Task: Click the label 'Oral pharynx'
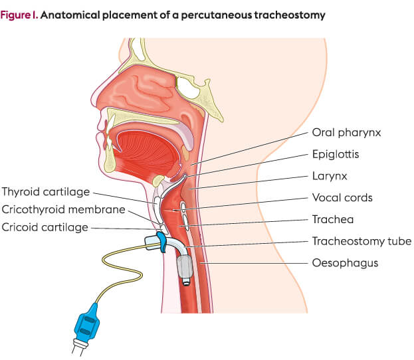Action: [x=346, y=132]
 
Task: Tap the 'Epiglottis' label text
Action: [x=336, y=154]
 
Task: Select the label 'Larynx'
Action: [x=330, y=176]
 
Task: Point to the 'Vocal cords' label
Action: [x=342, y=198]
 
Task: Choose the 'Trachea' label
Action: [x=333, y=220]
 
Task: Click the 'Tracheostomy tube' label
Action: [x=362, y=241]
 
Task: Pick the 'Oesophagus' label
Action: [x=345, y=263]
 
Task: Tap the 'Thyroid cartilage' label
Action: [x=46, y=192]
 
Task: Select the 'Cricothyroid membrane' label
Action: [x=63, y=210]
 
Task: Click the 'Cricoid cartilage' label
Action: [x=45, y=228]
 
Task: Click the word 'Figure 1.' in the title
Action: [x=19, y=15]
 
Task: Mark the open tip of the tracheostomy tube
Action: [x=186, y=283]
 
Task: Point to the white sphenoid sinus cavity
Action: [x=187, y=88]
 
